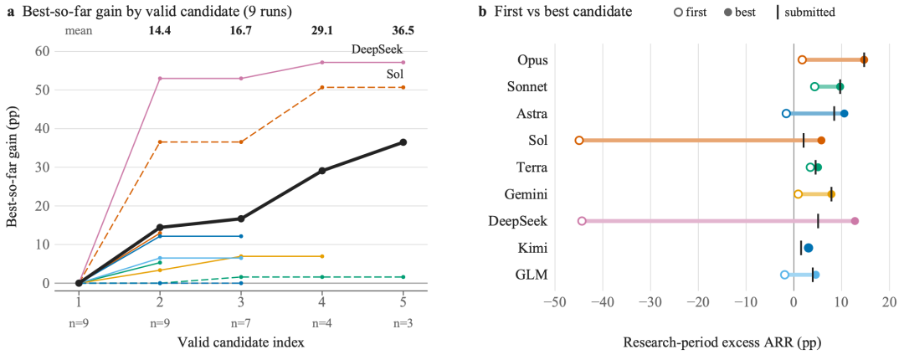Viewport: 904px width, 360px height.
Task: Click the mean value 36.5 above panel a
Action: (x=403, y=31)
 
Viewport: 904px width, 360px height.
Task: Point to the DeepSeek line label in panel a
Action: (x=377, y=49)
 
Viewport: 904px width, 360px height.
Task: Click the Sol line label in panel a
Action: (x=395, y=75)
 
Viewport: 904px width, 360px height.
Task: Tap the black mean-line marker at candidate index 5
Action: (x=403, y=142)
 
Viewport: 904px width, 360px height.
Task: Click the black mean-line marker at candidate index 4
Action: (x=322, y=171)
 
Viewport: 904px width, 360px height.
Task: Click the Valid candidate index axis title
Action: (x=241, y=342)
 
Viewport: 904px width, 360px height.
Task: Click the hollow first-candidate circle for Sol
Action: (x=579, y=140)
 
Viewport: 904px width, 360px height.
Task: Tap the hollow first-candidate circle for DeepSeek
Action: (x=582, y=221)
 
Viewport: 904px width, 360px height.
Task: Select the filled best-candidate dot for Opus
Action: (x=864, y=59)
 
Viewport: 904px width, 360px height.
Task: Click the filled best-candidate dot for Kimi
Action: (x=809, y=248)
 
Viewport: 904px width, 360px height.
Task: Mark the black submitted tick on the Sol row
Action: (x=803, y=140)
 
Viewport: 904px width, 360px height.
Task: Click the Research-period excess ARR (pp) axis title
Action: (x=722, y=342)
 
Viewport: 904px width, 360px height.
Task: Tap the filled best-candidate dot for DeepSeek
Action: (x=855, y=221)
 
